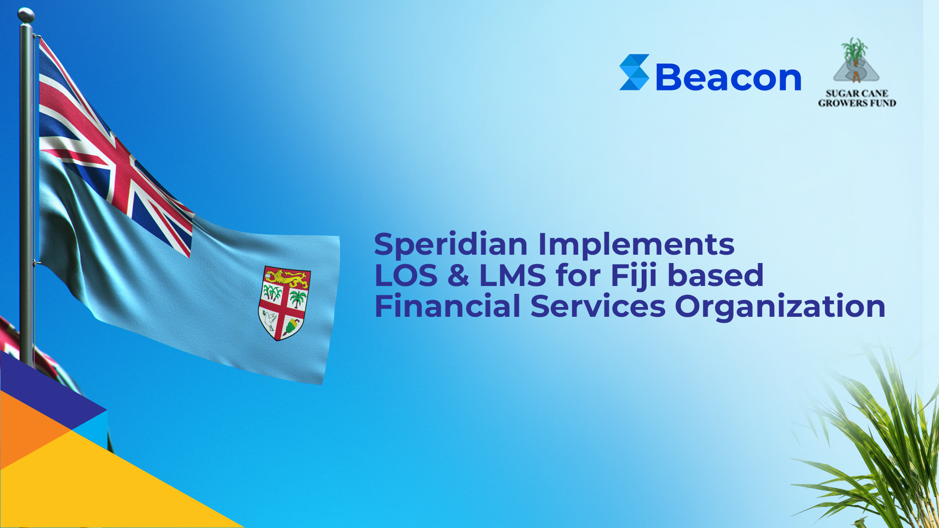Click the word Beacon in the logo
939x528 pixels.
point(728,77)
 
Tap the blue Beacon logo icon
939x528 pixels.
point(634,72)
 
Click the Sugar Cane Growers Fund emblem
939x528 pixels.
point(856,61)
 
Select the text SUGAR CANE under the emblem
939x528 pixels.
point(857,93)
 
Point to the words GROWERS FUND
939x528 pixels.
point(857,103)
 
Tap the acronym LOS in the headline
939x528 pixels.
point(406,275)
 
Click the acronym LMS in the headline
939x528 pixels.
point(512,275)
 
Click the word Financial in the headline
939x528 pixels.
point(447,307)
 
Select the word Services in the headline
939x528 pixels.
point(598,307)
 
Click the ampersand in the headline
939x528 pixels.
point(458,275)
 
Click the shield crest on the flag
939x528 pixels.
point(284,303)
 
